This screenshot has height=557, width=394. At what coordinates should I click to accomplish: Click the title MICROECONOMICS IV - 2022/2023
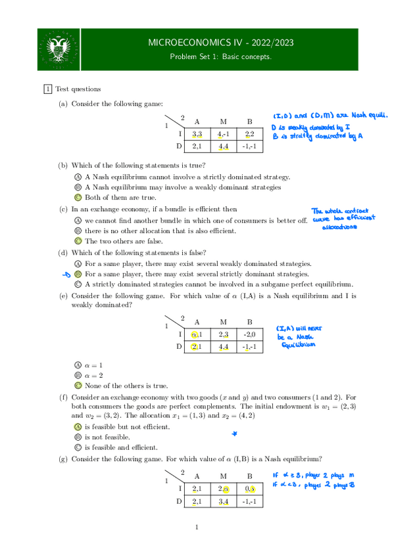point(221,43)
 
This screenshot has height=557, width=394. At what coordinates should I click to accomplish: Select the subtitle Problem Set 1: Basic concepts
point(221,57)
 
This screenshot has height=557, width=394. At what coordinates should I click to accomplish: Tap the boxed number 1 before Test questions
point(47,89)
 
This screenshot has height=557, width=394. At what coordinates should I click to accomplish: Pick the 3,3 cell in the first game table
point(197,134)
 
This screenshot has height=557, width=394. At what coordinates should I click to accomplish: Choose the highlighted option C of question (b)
point(78,198)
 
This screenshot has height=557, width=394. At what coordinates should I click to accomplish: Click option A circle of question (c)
point(78,220)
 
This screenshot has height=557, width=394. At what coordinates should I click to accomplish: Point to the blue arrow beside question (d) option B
point(65,274)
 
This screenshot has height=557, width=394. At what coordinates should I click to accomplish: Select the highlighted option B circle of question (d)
point(78,274)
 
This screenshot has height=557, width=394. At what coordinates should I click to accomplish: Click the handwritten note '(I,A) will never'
point(299,336)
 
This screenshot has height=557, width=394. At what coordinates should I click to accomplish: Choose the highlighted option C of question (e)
point(78,386)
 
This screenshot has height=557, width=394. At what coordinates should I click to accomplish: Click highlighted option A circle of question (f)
point(78,427)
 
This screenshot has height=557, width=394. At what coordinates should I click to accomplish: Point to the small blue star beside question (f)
point(234,434)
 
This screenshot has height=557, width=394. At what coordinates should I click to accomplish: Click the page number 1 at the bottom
point(197,527)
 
